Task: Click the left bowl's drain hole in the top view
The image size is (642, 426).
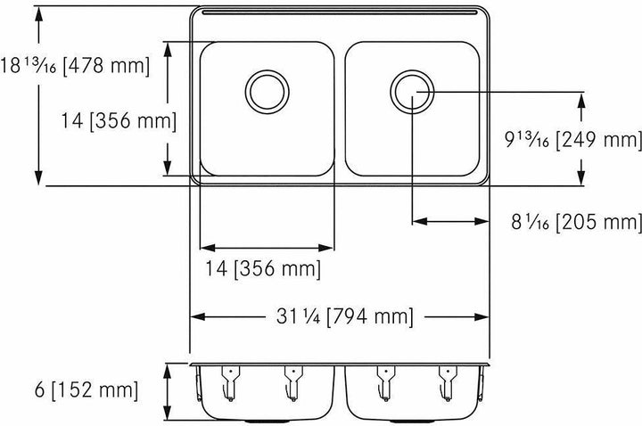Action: [x=267, y=89]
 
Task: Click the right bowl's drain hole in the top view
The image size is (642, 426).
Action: [x=412, y=89]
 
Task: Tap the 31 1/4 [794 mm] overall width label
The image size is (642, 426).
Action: [x=343, y=315]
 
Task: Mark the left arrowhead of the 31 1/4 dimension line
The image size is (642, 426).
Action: [x=197, y=315]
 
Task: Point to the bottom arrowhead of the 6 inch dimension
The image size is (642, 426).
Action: [x=169, y=415]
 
